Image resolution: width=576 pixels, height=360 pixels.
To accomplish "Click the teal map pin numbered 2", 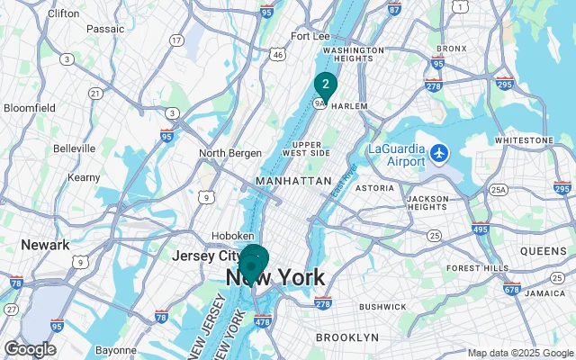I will pyautogui.click(x=325, y=86).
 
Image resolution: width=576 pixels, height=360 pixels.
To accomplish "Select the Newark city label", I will pyautogui.click(x=45, y=245).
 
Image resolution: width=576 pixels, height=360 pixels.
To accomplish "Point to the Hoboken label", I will pyautogui.click(x=232, y=236).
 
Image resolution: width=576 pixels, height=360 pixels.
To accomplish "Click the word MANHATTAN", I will pyautogui.click(x=293, y=181).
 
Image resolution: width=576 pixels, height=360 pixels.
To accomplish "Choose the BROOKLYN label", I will pyautogui.click(x=347, y=337).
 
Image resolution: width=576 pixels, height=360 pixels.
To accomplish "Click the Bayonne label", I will pyautogui.click(x=116, y=350).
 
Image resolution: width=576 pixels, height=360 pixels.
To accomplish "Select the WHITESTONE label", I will pyautogui.click(x=524, y=141).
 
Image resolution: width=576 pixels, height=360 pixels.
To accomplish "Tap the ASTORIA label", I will pyautogui.click(x=374, y=188).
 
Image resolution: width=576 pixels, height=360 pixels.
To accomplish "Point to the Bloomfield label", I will pyautogui.click(x=30, y=107).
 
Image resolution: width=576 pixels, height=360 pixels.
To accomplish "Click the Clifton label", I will pyautogui.click(x=63, y=13).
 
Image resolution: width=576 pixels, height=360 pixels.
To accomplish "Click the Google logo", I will pyautogui.click(x=30, y=349).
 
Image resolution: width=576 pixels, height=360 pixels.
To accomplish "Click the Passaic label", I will pyautogui.click(x=105, y=29).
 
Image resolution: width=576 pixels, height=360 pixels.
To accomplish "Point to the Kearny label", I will pyautogui.click(x=85, y=178).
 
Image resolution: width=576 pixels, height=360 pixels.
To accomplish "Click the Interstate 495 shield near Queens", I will pyautogui.click(x=481, y=230).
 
